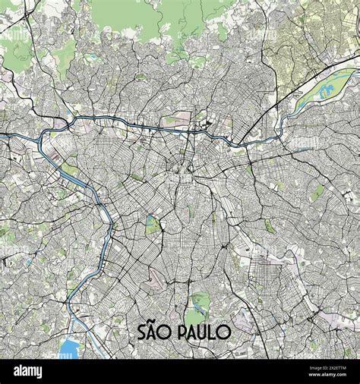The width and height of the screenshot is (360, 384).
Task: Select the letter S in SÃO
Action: [142, 332]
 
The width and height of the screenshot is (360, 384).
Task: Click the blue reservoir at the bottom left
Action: [69, 348]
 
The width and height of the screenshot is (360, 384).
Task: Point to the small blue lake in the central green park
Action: [151, 223]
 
